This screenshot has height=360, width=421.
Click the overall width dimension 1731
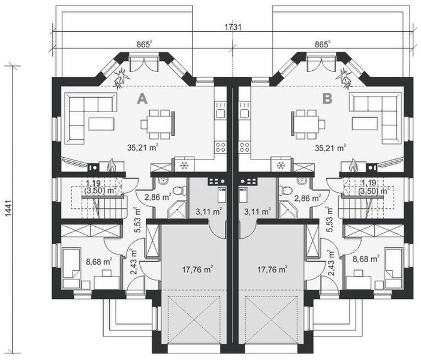(233, 27)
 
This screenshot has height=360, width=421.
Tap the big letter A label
(142, 99)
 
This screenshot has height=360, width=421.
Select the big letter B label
(327, 99)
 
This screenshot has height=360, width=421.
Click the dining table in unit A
(157, 124)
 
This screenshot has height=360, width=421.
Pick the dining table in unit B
(306, 124)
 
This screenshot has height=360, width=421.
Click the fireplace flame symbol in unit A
(111, 165)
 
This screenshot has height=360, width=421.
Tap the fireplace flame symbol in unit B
(353, 165)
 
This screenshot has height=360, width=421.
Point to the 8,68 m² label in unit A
(99, 261)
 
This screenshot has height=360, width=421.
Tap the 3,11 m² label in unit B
(257, 212)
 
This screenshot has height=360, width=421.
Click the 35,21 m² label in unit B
(330, 148)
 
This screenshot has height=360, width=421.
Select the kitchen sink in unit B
(245, 113)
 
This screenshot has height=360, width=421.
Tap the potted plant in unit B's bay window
(345, 78)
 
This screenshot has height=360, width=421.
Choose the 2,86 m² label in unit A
(158, 197)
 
